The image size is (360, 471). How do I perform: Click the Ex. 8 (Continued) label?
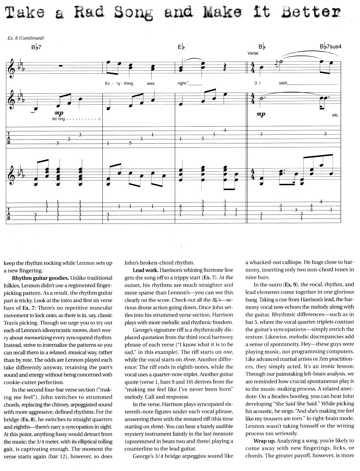pos(26,38)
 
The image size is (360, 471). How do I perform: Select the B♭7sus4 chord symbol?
pos(330,46)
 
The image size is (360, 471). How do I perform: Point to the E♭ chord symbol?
pos(181,47)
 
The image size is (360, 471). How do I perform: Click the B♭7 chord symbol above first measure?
pos(36,47)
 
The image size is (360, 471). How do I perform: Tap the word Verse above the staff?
pos(253,53)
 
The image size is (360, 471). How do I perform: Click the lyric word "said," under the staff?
pos(283,83)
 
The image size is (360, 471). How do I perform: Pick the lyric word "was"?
pos(151,83)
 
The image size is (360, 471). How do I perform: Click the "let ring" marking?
pos(59,119)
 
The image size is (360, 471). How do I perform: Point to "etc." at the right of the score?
pos(335,115)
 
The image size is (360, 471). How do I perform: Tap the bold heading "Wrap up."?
pos(264,441)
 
